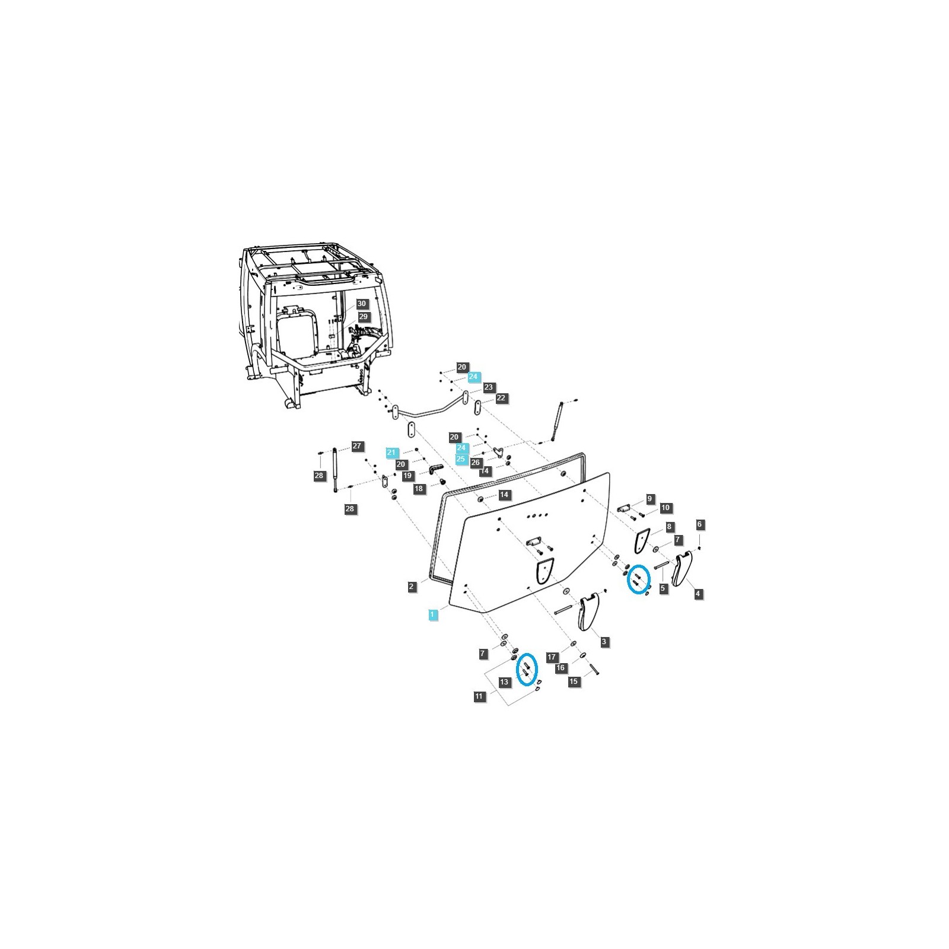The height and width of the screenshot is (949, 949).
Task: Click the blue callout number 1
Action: tap(433, 614)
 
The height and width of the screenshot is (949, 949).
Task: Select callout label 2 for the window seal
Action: tap(412, 587)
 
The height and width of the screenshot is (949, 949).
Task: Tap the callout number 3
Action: tap(604, 642)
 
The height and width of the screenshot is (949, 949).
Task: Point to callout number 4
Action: tap(698, 593)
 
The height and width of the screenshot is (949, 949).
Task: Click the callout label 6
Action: tap(700, 524)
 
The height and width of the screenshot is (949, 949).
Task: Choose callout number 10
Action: tap(665, 508)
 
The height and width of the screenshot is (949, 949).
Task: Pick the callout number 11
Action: tap(479, 696)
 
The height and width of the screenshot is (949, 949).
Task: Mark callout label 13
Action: tap(504, 682)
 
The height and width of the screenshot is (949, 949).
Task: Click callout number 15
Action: tap(574, 682)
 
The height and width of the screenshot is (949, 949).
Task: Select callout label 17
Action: tap(552, 657)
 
